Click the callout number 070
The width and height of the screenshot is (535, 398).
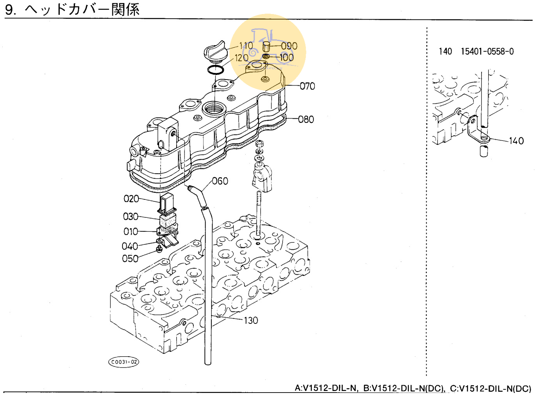tap(307, 86)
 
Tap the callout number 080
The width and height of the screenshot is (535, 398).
tap(306, 119)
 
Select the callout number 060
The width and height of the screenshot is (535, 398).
tap(220, 181)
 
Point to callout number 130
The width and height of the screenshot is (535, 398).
tap(251, 320)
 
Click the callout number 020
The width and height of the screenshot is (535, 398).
tap(131, 199)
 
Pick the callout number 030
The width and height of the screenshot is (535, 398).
tap(131, 217)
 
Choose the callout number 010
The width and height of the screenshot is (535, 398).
tap(131, 232)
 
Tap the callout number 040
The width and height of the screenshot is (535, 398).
tap(130, 246)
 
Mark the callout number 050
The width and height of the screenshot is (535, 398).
tap(130, 259)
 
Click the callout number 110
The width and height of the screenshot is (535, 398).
tap(246, 46)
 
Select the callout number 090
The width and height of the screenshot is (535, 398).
tap(289, 46)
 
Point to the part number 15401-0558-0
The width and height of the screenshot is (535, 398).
tap(487, 52)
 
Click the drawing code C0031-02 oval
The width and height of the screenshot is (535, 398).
tap(124, 362)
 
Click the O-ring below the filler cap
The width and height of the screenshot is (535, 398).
tap(215, 70)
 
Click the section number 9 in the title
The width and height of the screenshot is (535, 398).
tap(10, 9)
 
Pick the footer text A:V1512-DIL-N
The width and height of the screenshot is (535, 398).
tap(326, 388)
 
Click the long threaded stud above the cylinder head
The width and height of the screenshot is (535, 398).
tap(258, 213)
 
